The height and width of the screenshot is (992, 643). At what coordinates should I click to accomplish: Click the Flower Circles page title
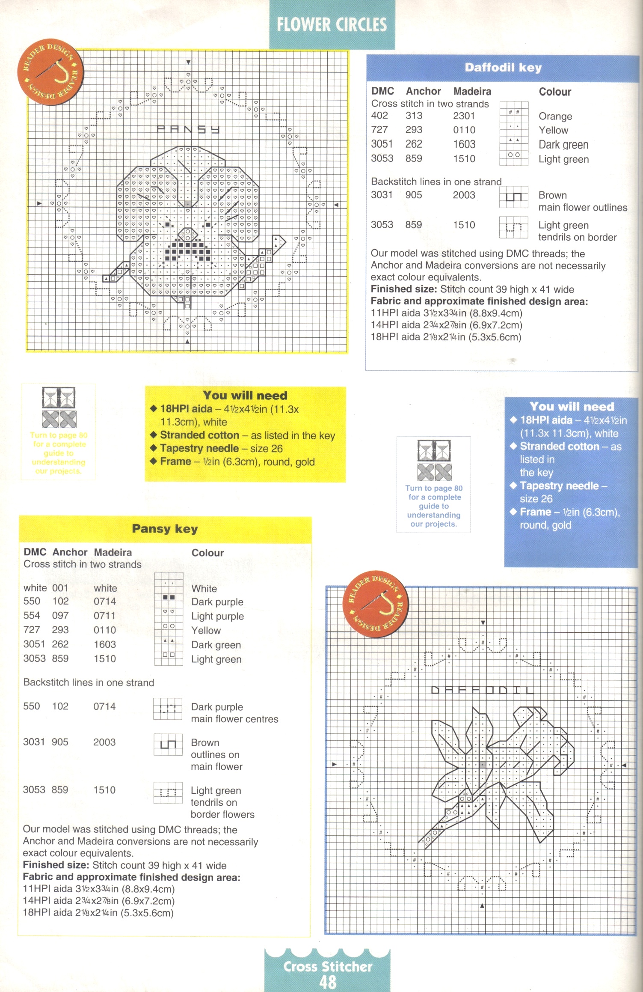[x=332, y=24]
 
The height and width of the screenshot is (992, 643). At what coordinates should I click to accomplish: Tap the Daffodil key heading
[x=503, y=68]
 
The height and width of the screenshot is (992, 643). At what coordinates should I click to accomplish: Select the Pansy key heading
[x=165, y=529]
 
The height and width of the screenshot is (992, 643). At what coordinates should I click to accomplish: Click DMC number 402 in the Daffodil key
[x=379, y=116]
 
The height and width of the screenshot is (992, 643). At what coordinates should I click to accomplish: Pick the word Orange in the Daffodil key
[x=555, y=116]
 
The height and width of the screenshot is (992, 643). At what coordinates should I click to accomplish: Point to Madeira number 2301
[x=464, y=116]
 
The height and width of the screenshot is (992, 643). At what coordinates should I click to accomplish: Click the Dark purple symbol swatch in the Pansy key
[x=169, y=597]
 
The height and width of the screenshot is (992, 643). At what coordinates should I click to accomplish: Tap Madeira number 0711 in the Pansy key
[x=104, y=616]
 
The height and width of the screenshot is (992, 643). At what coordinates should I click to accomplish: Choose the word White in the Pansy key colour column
[x=204, y=589]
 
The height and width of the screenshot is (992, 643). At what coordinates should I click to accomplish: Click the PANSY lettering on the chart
[x=188, y=129]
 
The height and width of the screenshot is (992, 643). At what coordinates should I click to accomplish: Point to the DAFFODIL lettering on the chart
[x=482, y=690]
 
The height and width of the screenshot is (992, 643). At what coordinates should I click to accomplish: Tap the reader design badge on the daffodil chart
[x=376, y=604]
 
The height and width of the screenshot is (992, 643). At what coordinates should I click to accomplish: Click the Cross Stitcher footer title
[x=328, y=967]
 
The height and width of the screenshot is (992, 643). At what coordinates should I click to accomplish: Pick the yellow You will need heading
[x=245, y=395]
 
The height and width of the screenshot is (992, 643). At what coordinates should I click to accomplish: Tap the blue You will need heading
[x=572, y=406]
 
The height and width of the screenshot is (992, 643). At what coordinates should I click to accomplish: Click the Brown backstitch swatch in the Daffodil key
[x=513, y=197]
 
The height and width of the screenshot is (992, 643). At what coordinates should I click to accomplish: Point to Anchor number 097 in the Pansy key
[x=60, y=616]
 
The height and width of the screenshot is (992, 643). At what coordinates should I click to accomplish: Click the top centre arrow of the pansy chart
[x=188, y=63]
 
